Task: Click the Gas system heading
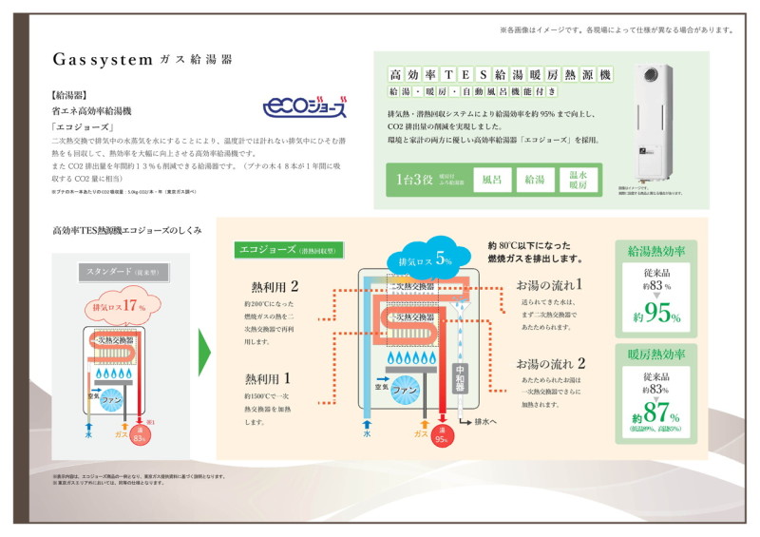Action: (142, 59)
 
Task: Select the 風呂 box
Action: (492, 179)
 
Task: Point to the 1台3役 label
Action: (415, 179)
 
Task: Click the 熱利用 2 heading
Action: (274, 286)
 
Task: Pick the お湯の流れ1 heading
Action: (550, 284)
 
